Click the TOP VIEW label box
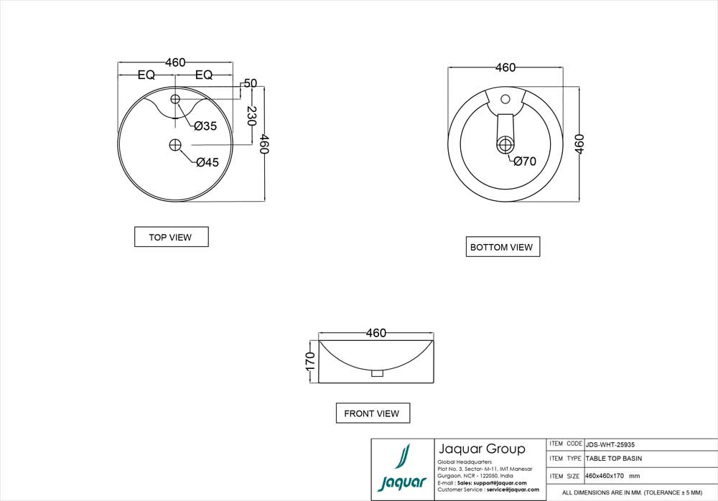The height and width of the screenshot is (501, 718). point(171,237)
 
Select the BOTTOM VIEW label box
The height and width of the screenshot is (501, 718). point(502,247)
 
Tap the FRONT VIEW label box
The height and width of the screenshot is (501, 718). point(372,413)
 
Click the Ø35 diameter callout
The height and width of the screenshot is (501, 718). point(205,126)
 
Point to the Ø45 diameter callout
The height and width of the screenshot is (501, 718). point(207,162)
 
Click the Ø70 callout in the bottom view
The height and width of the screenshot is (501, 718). point(525,161)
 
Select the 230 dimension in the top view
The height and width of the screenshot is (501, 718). point(251,116)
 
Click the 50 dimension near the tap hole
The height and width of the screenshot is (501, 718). point(251,83)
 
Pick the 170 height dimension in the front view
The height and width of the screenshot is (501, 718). point(310,360)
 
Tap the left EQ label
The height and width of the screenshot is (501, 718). point(146,75)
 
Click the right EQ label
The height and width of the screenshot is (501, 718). point(204,75)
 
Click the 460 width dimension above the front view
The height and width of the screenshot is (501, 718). point(376,333)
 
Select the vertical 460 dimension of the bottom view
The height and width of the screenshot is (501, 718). point(580,144)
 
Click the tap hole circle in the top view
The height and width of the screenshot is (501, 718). point(176,98)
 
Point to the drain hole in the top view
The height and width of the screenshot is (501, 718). point(176,145)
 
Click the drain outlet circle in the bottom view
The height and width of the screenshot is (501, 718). point(505,145)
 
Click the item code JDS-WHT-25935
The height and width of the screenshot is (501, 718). point(610,444)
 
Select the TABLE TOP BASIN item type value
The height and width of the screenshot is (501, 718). point(614,458)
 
